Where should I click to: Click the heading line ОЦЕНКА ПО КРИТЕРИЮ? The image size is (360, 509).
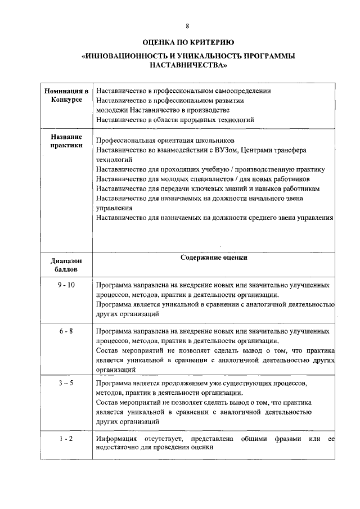tap(188, 43)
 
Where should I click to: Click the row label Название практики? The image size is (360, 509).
tap(66, 141)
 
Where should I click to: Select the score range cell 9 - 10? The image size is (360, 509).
tap(66, 285)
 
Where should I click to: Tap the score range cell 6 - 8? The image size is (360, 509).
tap(66, 331)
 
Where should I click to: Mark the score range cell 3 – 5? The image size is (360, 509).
tap(66, 383)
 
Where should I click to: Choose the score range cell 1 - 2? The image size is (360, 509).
tap(66, 438)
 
